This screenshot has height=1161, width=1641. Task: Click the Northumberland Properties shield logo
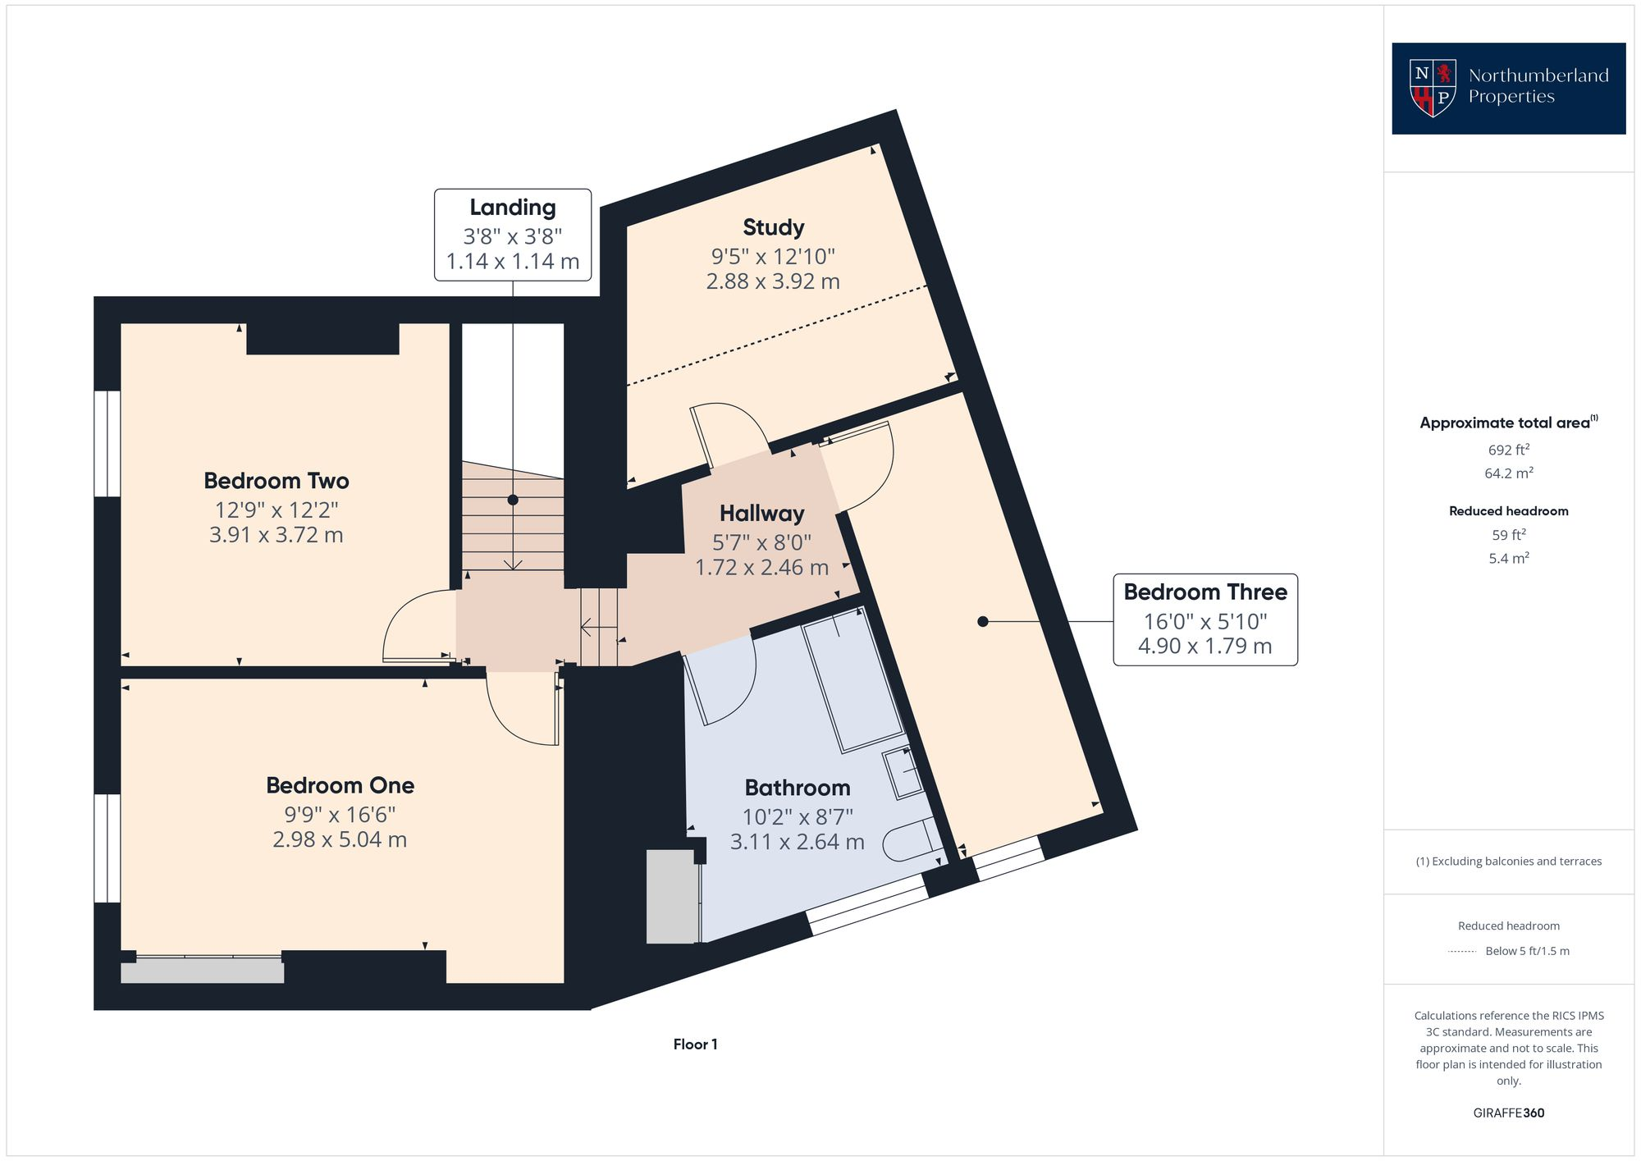pos(1433,88)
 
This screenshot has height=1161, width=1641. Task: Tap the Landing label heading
pos(512,208)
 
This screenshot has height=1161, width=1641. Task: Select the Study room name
pos(773,227)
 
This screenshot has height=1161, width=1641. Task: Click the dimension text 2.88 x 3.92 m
pos(773,281)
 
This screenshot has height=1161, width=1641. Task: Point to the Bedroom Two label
pos(277,481)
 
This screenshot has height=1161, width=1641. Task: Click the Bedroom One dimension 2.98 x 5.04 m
pos(340,839)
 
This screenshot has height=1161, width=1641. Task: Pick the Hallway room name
pos(761,514)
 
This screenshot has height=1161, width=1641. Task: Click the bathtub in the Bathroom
pos(852,680)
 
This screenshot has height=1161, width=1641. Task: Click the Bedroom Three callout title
pos(1204,592)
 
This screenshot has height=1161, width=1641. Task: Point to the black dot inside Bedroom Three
pos(983,622)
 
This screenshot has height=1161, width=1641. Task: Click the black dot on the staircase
pos(513,500)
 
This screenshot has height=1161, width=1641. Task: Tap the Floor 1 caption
pos(695,1044)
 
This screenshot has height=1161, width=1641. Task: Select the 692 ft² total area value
pos(1508,450)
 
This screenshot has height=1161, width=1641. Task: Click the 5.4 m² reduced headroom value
pos(1508,558)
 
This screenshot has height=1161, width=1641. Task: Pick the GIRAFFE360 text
pos(1508,1113)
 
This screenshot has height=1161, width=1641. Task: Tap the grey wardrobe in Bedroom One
pos(202,971)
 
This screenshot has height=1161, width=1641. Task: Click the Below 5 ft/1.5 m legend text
pos(1527,951)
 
